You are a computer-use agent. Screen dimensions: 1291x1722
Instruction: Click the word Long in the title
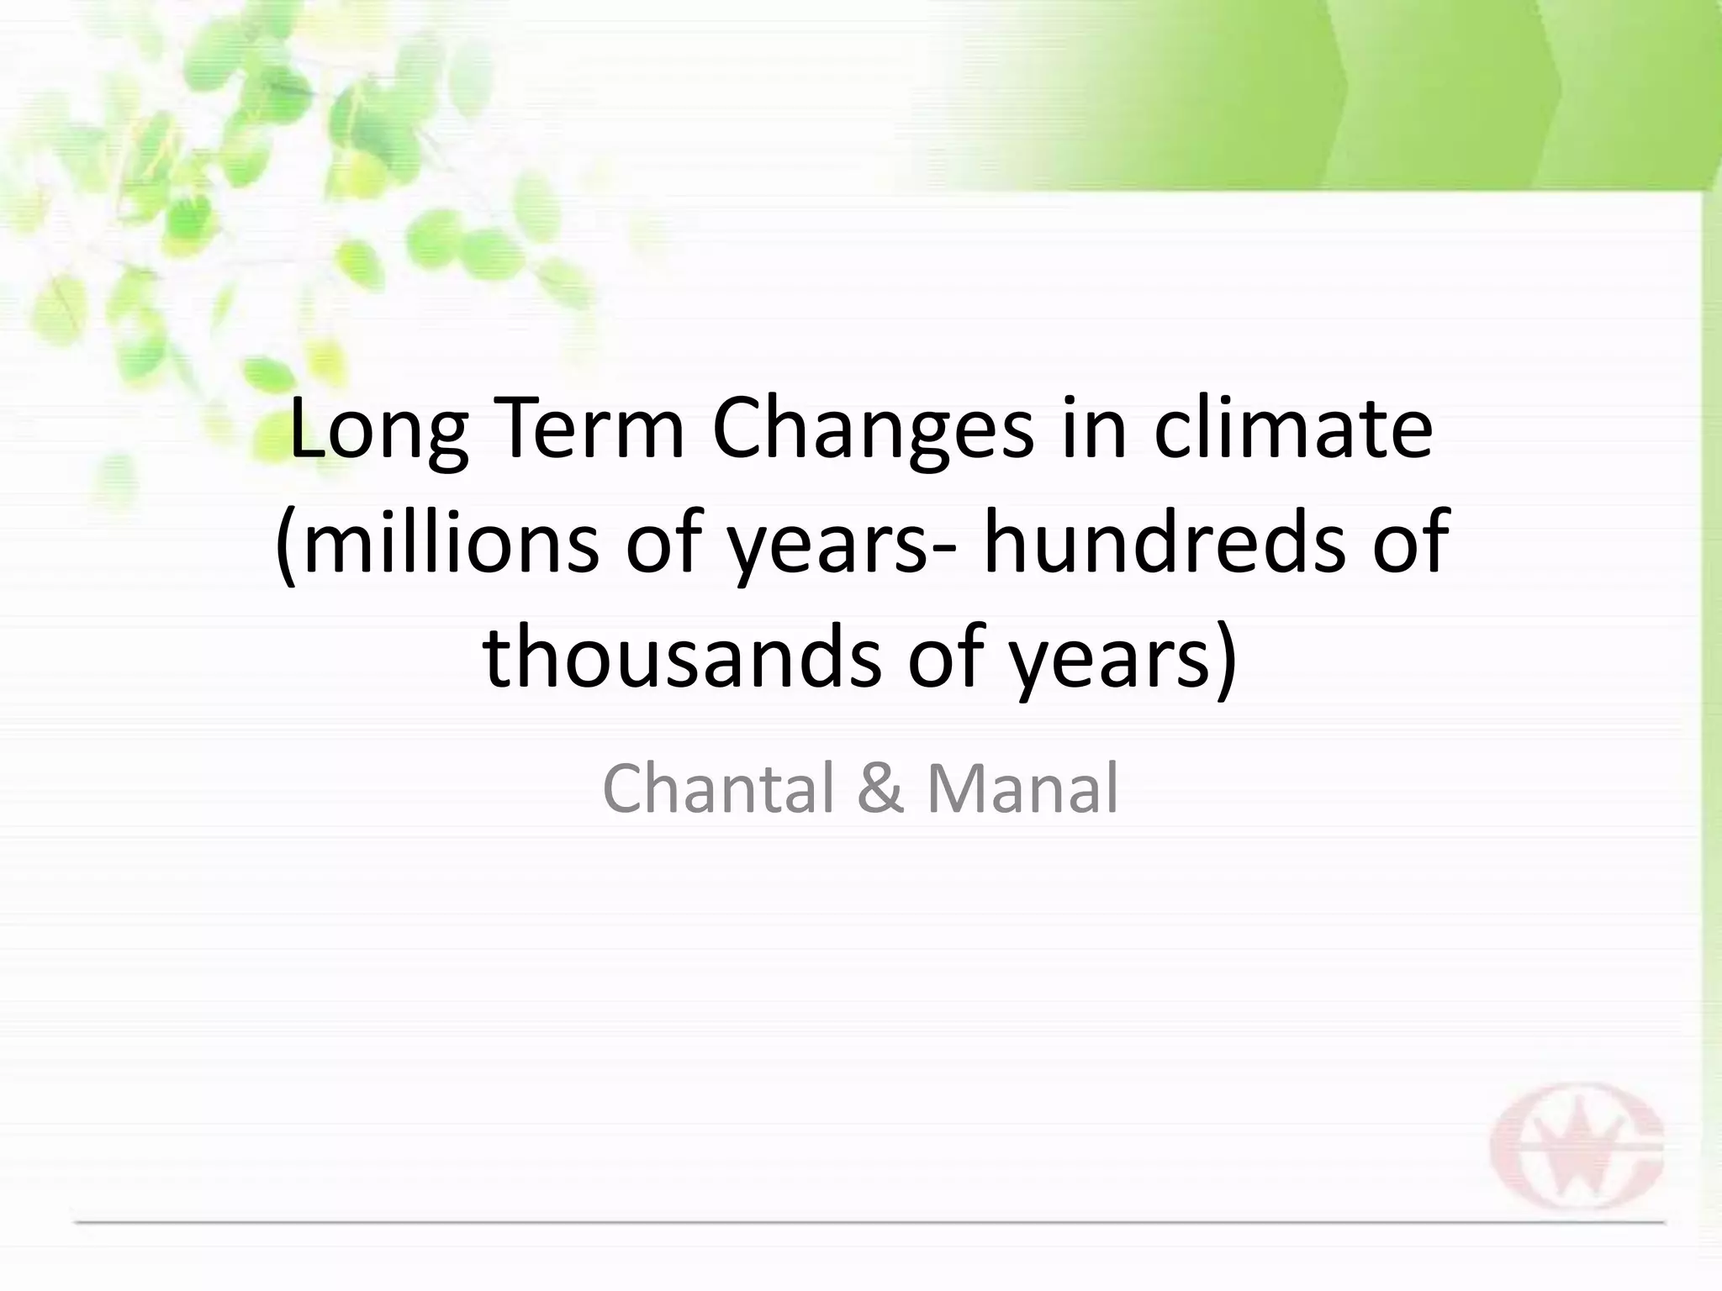point(378,430)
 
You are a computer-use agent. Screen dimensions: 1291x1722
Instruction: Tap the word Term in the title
point(584,430)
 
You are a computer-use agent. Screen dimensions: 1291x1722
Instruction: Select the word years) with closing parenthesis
point(1123,660)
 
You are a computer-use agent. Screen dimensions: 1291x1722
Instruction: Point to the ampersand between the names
point(881,788)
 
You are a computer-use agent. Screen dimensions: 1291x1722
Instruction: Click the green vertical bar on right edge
point(1711,672)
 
